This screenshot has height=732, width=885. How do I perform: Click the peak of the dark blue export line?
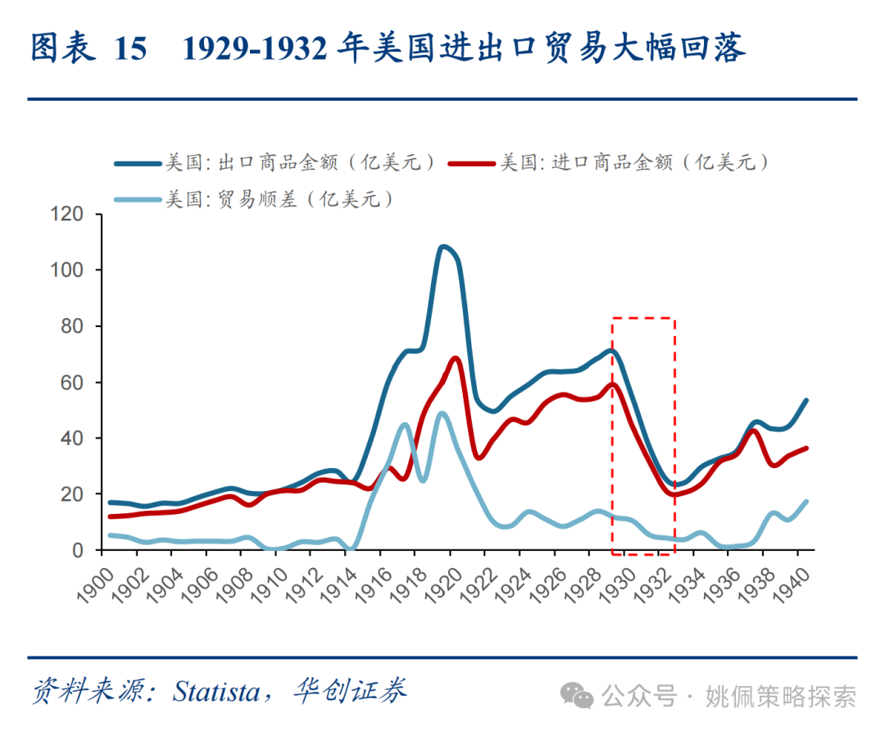point(443,247)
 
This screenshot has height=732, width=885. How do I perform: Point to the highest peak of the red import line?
point(456,358)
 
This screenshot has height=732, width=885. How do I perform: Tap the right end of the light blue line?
point(806,502)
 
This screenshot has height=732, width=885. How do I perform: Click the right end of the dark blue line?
point(806,401)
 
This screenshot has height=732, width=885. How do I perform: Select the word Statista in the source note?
point(216,691)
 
